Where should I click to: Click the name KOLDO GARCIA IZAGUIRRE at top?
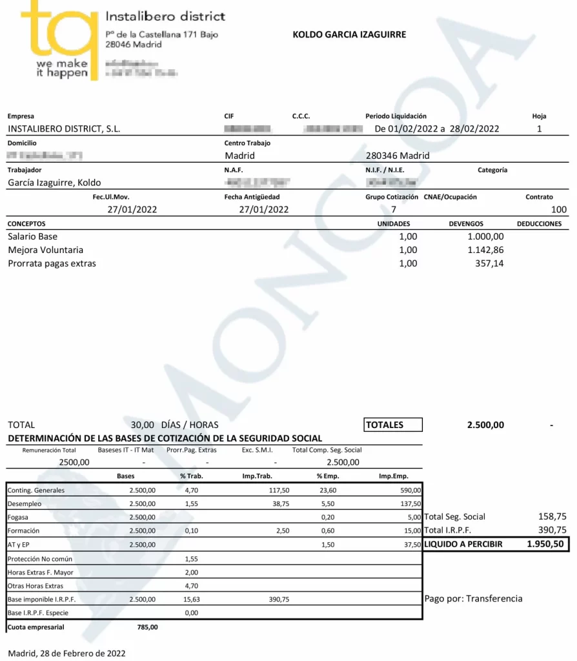click(349, 35)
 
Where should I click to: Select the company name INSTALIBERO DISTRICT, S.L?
click(64, 128)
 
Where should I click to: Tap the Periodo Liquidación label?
click(396, 116)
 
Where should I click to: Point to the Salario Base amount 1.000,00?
click(485, 237)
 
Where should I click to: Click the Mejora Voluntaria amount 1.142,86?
click(485, 250)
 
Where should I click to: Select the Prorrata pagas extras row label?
click(51, 263)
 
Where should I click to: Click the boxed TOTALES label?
click(385, 425)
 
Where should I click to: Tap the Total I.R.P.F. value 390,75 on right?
click(552, 530)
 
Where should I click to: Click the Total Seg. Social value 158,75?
click(552, 516)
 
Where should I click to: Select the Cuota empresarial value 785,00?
click(147, 627)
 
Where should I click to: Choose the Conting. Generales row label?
click(36, 491)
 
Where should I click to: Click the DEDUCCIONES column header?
click(539, 224)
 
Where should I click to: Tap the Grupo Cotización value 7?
click(394, 209)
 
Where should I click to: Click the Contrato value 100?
click(559, 209)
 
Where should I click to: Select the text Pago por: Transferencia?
click(473, 598)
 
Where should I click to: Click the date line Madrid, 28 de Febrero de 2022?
click(66, 653)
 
